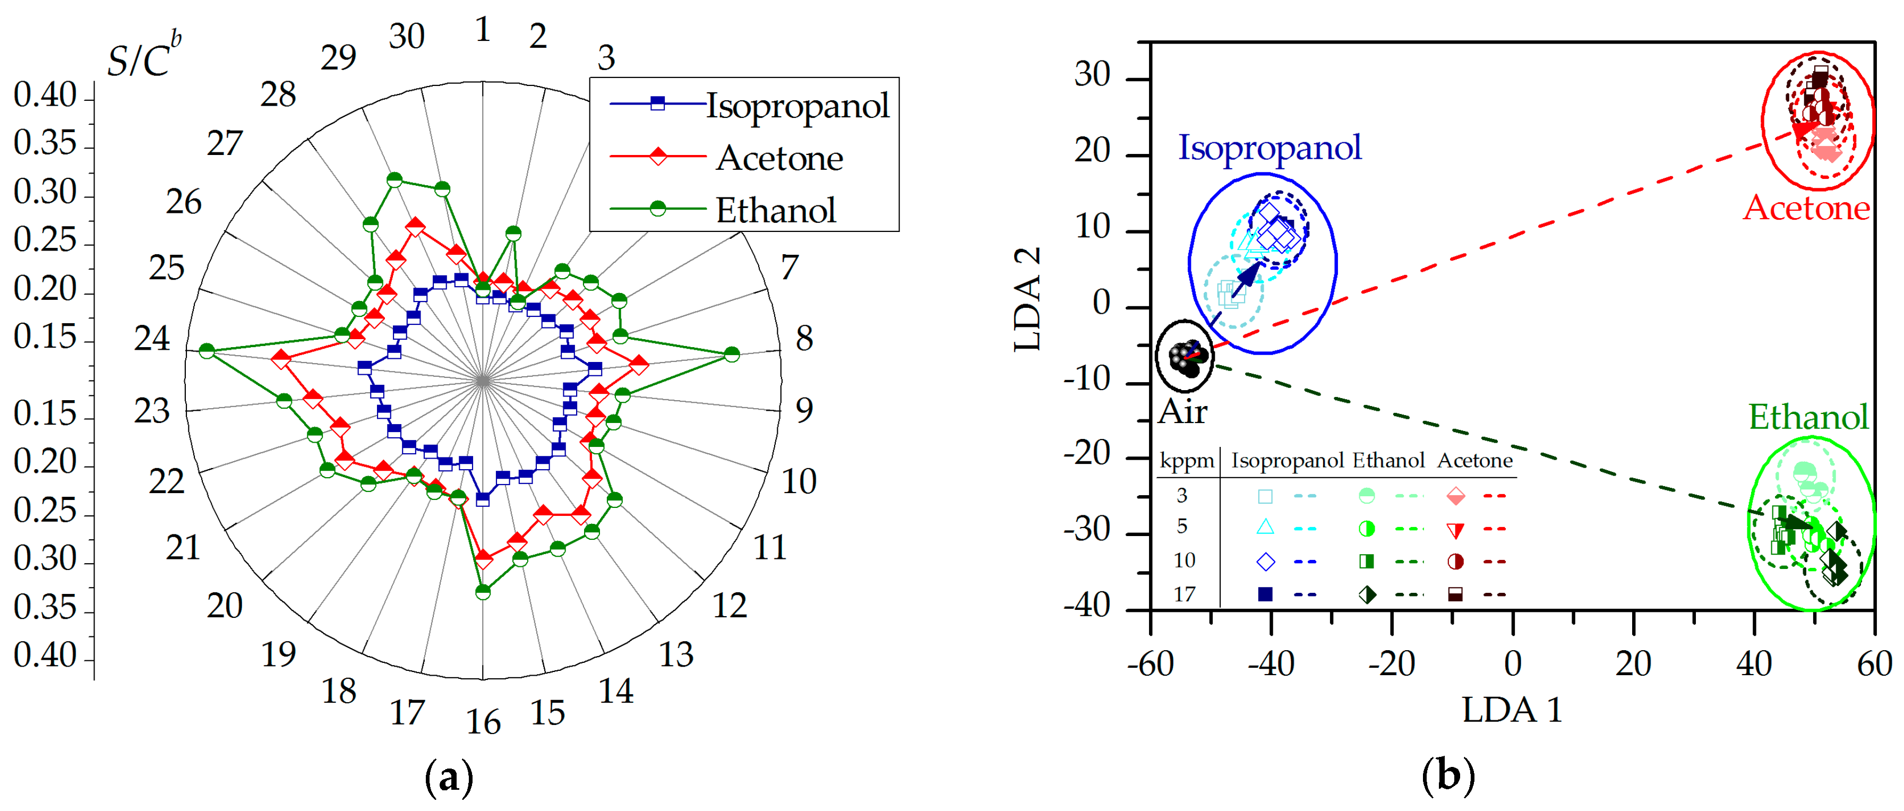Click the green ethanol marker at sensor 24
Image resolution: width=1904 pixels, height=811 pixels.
(x=207, y=350)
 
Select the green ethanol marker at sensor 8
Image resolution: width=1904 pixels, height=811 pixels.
(x=732, y=355)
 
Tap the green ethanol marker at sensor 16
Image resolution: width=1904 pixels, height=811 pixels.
(x=483, y=592)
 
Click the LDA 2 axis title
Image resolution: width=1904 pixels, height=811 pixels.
(x=1028, y=299)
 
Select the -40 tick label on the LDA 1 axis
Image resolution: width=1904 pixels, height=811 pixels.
(x=1271, y=664)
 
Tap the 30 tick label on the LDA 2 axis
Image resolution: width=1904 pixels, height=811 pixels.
(x=1092, y=75)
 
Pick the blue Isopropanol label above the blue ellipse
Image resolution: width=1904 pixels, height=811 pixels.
(x=1269, y=148)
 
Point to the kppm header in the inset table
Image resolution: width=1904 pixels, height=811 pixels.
(x=1186, y=461)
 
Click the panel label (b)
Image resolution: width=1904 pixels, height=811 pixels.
(x=1448, y=777)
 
